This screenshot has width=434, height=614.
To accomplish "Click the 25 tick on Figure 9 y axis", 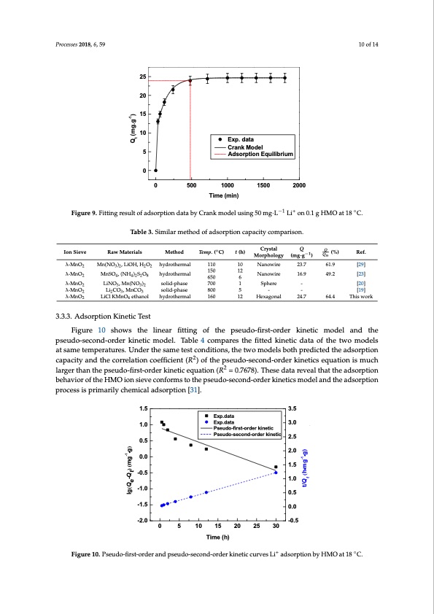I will coord(144,77).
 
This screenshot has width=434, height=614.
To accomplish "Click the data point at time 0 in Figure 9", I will coord(155,171).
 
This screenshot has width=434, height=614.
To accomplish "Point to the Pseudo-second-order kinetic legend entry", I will coord(244,435).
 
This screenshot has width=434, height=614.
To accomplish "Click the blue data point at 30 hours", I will coord(276,473).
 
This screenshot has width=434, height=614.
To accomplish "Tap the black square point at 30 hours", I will coord(276,467).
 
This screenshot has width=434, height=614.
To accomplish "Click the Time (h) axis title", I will coord(217,536).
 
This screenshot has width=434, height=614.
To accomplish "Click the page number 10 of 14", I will coord(367,44).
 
